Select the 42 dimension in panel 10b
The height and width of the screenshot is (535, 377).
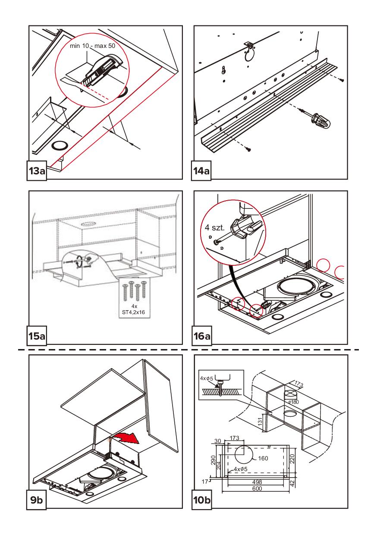(x=292, y=482)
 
